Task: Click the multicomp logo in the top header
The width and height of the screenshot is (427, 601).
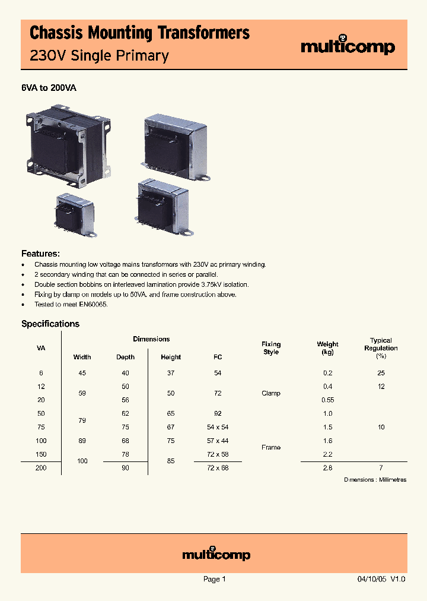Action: point(348,46)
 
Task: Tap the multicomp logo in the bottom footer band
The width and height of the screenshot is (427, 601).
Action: point(216,554)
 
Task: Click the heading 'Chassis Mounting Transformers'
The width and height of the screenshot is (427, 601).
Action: point(139,33)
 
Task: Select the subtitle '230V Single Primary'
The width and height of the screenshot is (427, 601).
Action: point(99,56)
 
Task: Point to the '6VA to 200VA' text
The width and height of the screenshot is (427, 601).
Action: point(49,88)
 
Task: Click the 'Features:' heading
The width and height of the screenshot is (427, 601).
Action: point(40,253)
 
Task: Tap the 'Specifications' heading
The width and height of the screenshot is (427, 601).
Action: point(50,324)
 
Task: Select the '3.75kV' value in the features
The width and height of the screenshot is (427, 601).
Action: point(207,284)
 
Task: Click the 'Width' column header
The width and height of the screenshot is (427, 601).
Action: point(82,357)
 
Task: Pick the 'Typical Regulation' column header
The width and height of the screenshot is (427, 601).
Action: point(381,345)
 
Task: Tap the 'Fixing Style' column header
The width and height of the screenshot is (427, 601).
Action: point(271,348)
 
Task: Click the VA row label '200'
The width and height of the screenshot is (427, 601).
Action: point(40,468)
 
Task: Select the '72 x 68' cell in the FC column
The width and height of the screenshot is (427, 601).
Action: point(218,468)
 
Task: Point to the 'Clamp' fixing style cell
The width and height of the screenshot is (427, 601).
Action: point(271,393)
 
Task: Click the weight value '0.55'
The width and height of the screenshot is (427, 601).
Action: point(327,400)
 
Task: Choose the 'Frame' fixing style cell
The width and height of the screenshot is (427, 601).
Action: point(271,447)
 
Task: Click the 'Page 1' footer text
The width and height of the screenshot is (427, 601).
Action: point(214,579)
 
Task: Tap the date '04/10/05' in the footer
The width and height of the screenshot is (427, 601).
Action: point(371,579)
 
